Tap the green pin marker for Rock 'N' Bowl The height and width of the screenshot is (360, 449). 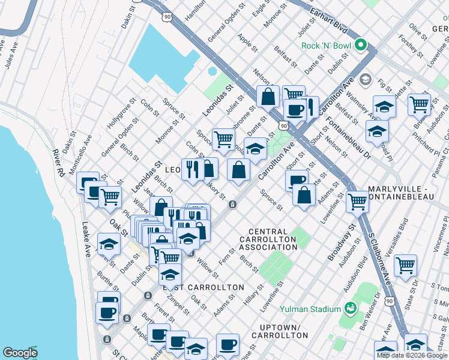(x=361, y=44)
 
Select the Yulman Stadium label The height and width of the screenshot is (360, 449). (x=310, y=309)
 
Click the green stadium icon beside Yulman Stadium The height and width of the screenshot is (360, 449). (x=350, y=309)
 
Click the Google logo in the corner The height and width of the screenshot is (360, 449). (x=20, y=353)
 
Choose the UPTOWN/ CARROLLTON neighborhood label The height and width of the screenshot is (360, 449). (x=280, y=332)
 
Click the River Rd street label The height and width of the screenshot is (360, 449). (x=58, y=162)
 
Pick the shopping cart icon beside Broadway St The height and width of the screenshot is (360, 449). (x=357, y=201)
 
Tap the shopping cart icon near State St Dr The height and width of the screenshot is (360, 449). (x=406, y=264)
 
